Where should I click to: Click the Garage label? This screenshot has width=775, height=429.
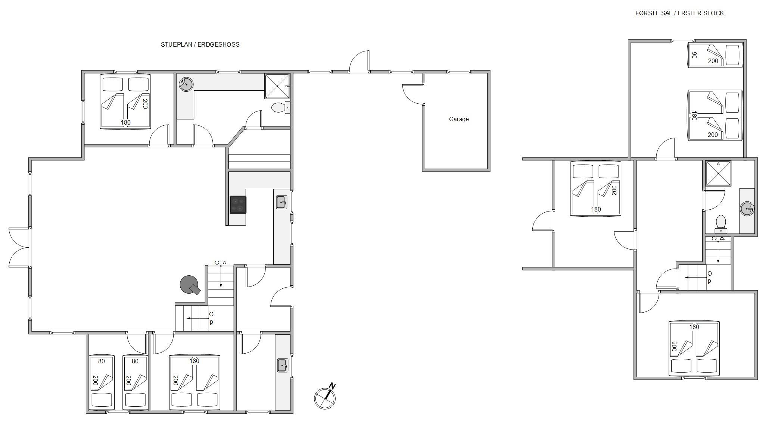[458, 119]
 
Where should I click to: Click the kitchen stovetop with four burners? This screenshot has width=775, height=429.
[238, 204]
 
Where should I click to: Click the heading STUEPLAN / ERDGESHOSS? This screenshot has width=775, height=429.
[200, 44]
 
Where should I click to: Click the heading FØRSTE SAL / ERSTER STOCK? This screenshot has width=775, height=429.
[679, 13]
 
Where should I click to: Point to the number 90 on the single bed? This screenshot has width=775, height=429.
[694, 55]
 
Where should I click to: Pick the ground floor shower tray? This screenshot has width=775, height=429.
[277, 86]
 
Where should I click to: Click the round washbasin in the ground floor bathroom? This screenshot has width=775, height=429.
[186, 84]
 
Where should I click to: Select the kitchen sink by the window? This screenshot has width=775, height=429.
[281, 202]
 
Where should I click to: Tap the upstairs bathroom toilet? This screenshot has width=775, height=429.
[720, 224]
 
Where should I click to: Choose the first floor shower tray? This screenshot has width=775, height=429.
[718, 173]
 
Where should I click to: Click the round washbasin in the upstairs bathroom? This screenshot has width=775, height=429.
[747, 209]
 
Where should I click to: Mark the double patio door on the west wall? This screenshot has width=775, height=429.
[19, 247]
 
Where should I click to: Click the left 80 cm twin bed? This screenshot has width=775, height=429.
[102, 382]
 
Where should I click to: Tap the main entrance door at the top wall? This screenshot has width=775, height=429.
[360, 61]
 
